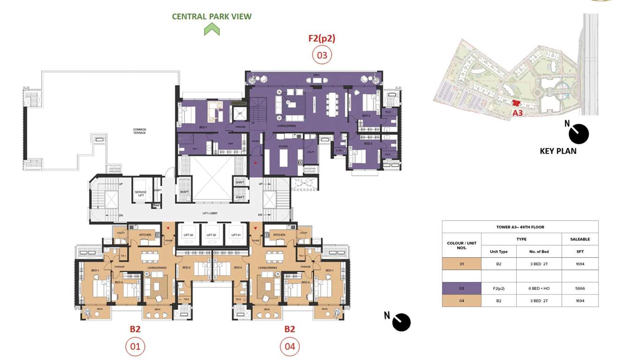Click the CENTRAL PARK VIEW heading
point(212,16)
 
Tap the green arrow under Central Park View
point(212,30)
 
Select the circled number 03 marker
point(322,55)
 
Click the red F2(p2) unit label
point(322,38)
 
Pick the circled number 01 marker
point(135,347)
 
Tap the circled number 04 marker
point(290,347)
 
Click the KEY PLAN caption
point(558,151)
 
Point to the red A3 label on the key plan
point(517,113)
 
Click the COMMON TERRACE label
point(140,131)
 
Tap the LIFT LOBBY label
point(211,213)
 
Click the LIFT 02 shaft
point(212,234)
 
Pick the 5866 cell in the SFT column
point(580,288)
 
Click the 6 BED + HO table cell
point(538,288)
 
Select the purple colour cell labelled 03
point(461,288)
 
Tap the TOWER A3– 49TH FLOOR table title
point(520,227)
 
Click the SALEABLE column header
point(580,239)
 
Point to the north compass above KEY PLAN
point(578,134)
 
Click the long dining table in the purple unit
point(333,104)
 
